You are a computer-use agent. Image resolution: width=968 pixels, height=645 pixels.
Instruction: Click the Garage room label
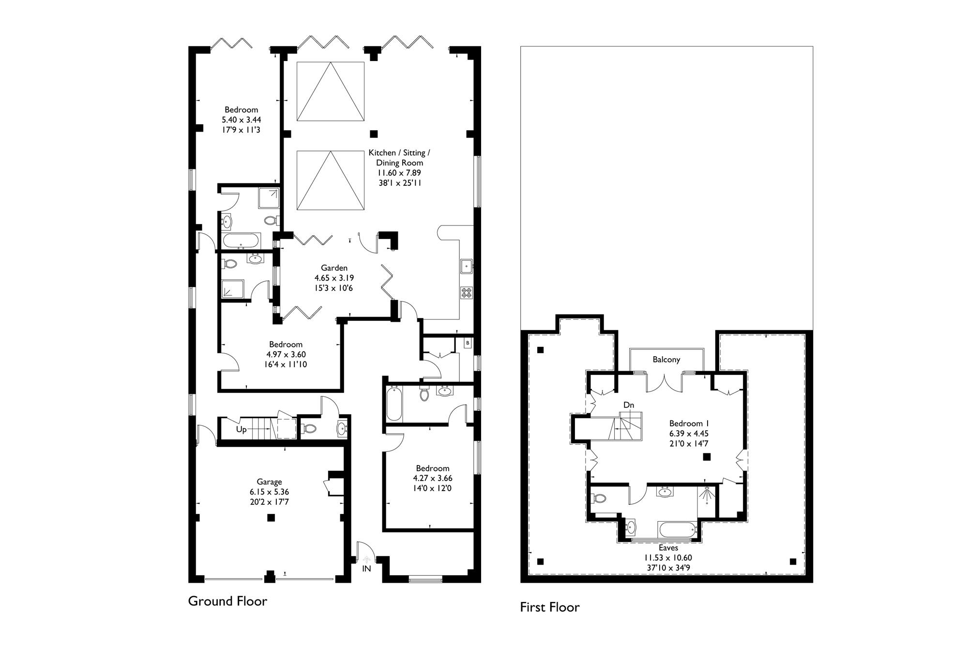tap(269, 482)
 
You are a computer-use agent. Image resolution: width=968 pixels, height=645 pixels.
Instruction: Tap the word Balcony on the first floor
tap(666, 360)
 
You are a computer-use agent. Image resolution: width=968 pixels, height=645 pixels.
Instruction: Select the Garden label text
tap(334, 268)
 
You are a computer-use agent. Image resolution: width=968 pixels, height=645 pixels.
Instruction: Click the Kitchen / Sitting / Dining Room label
tap(399, 158)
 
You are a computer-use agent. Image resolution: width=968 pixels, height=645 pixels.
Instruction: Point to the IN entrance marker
tap(366, 569)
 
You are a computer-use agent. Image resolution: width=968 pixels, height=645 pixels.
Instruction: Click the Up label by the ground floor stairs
tap(241, 430)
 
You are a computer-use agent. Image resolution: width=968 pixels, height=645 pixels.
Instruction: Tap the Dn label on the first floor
tap(628, 405)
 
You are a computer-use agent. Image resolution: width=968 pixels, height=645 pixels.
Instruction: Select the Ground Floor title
tap(227, 601)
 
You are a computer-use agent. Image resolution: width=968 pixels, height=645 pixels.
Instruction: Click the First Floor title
tap(550, 607)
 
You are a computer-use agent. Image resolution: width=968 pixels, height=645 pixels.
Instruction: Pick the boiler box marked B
tap(467, 343)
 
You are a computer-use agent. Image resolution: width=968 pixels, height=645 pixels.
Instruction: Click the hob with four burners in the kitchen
tap(467, 292)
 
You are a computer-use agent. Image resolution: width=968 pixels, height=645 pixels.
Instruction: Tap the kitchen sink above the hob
tap(467, 265)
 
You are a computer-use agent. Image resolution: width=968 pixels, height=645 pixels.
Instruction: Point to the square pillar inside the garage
tap(271, 518)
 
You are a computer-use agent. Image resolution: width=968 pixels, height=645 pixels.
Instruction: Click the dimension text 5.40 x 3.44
tap(242, 120)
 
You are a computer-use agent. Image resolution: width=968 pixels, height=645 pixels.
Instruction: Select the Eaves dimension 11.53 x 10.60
tap(668, 558)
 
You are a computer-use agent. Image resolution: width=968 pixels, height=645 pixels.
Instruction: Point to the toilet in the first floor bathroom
tap(600, 498)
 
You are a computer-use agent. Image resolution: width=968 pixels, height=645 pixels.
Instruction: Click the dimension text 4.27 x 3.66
tap(433, 478)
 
